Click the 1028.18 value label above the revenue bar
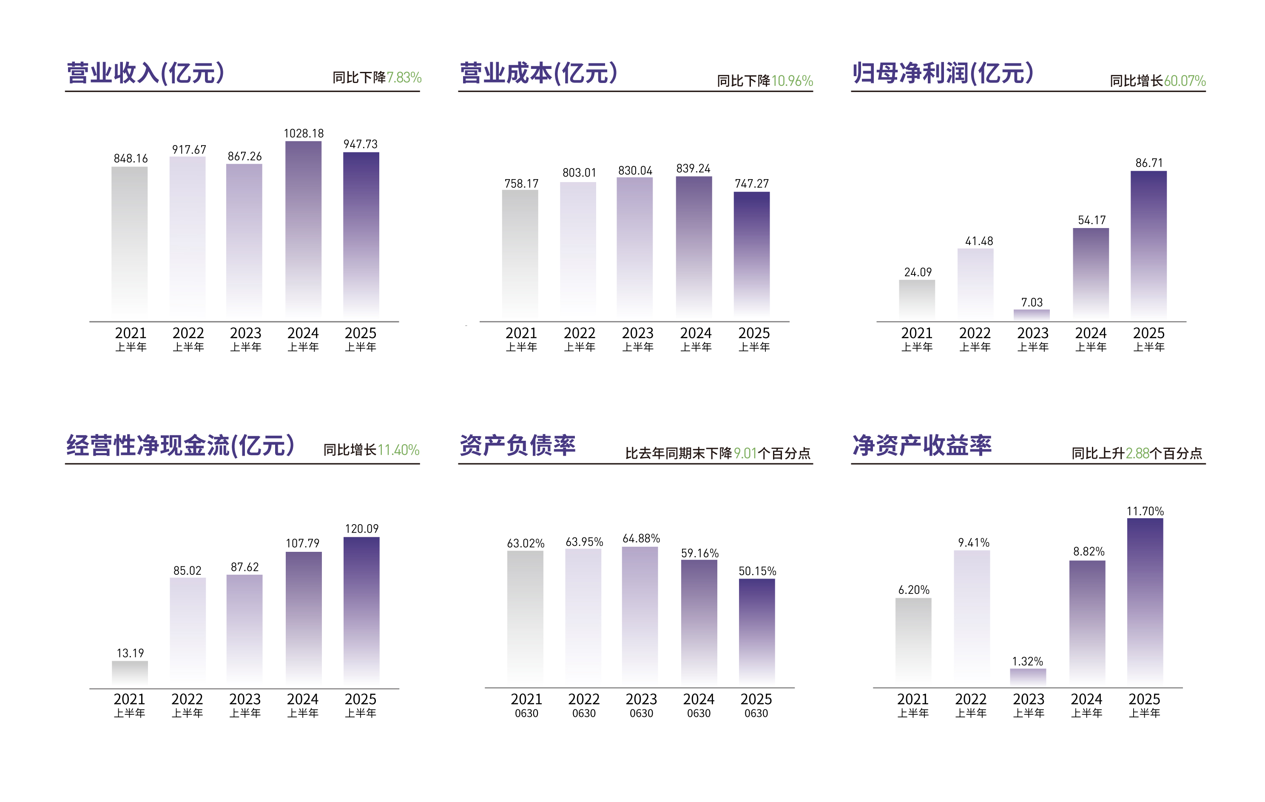(x=304, y=134)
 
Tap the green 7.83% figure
(x=404, y=78)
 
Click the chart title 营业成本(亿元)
(x=538, y=73)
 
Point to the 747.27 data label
(x=751, y=183)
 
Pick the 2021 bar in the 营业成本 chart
(x=520, y=252)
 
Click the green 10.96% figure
(x=792, y=81)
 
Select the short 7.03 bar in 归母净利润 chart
(x=1032, y=314)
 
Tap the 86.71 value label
(x=1149, y=163)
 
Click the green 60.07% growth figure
(x=1185, y=81)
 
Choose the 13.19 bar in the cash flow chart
(x=130, y=672)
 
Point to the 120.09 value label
(x=361, y=529)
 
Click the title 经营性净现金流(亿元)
(x=180, y=445)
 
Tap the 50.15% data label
(x=757, y=571)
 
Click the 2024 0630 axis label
(x=699, y=705)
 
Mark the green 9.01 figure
(x=745, y=453)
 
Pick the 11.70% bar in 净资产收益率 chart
(x=1145, y=599)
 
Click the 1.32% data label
(x=1028, y=661)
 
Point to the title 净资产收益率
(x=922, y=445)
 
